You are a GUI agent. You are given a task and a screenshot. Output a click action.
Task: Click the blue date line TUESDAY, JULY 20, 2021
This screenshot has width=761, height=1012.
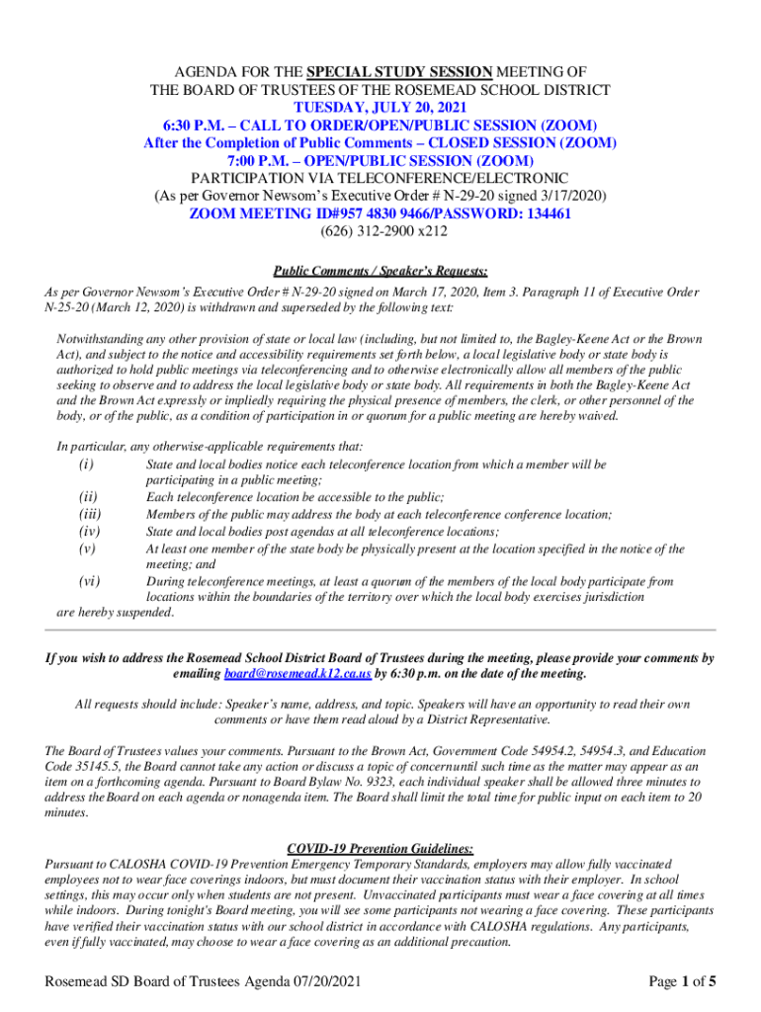(380, 107)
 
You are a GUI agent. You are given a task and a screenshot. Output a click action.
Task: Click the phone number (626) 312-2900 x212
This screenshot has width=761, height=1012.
(380, 231)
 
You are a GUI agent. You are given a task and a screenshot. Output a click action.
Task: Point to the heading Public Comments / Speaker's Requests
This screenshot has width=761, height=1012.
(380, 270)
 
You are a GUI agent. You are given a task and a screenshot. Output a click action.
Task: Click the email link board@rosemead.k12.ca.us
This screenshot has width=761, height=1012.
(297, 674)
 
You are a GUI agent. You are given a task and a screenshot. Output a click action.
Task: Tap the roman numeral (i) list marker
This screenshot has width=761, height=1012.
(86, 464)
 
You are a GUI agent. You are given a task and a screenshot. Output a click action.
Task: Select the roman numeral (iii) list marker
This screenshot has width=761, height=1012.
(89, 514)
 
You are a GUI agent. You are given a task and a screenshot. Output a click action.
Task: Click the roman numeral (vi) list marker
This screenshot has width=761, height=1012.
(88, 581)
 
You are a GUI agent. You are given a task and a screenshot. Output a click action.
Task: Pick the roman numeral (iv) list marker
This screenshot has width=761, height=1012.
(89, 531)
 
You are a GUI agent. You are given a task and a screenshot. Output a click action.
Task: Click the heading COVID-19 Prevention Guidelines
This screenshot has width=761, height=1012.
(380, 848)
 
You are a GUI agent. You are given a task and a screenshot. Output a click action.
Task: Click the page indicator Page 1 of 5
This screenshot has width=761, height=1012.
(682, 981)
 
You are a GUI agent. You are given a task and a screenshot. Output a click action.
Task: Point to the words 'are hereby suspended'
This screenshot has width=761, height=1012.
(115, 613)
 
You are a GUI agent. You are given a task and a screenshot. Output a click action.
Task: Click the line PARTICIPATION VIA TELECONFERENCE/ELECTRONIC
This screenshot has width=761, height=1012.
(380, 178)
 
